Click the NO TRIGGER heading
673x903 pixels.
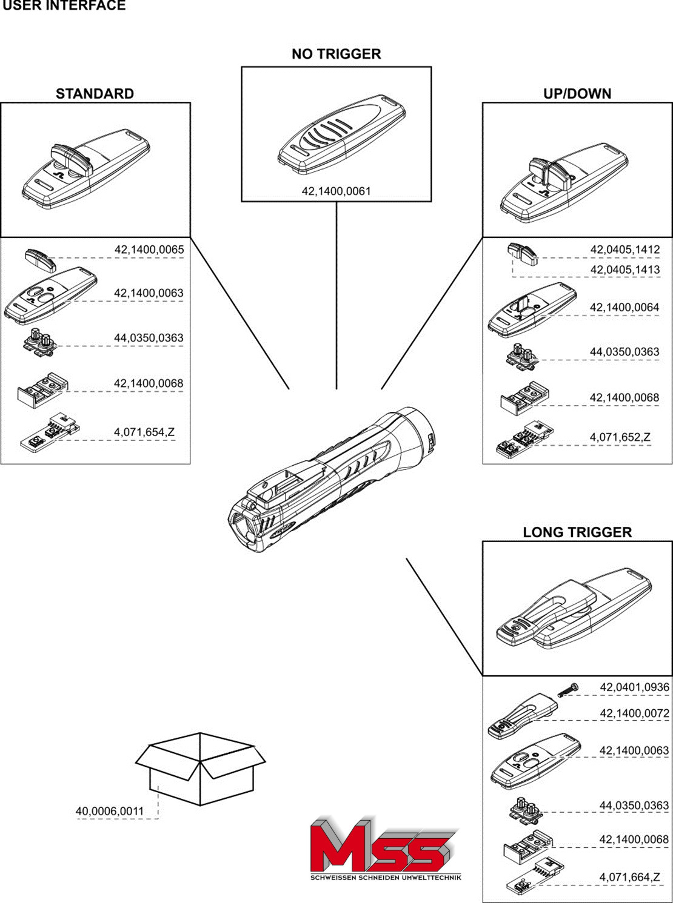tap(336, 54)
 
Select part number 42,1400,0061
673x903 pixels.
tap(336, 191)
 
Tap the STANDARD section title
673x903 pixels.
tap(95, 94)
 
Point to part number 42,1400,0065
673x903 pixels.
tap(149, 250)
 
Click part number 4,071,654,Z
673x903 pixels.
tap(144, 432)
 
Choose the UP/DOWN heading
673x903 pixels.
tap(577, 94)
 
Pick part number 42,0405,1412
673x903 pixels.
tap(624, 250)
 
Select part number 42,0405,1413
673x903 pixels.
tap(624, 270)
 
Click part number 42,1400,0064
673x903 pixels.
tap(624, 308)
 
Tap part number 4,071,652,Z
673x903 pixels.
tap(620, 437)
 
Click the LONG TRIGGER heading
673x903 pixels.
tap(577, 532)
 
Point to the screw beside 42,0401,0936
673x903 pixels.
tap(568, 690)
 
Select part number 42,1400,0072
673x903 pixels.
tap(634, 713)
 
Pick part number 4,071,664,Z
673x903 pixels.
tap(630, 877)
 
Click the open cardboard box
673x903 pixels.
tap(200, 768)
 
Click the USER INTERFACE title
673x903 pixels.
tap(64, 6)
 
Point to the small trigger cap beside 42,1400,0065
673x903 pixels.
tap(41, 259)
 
